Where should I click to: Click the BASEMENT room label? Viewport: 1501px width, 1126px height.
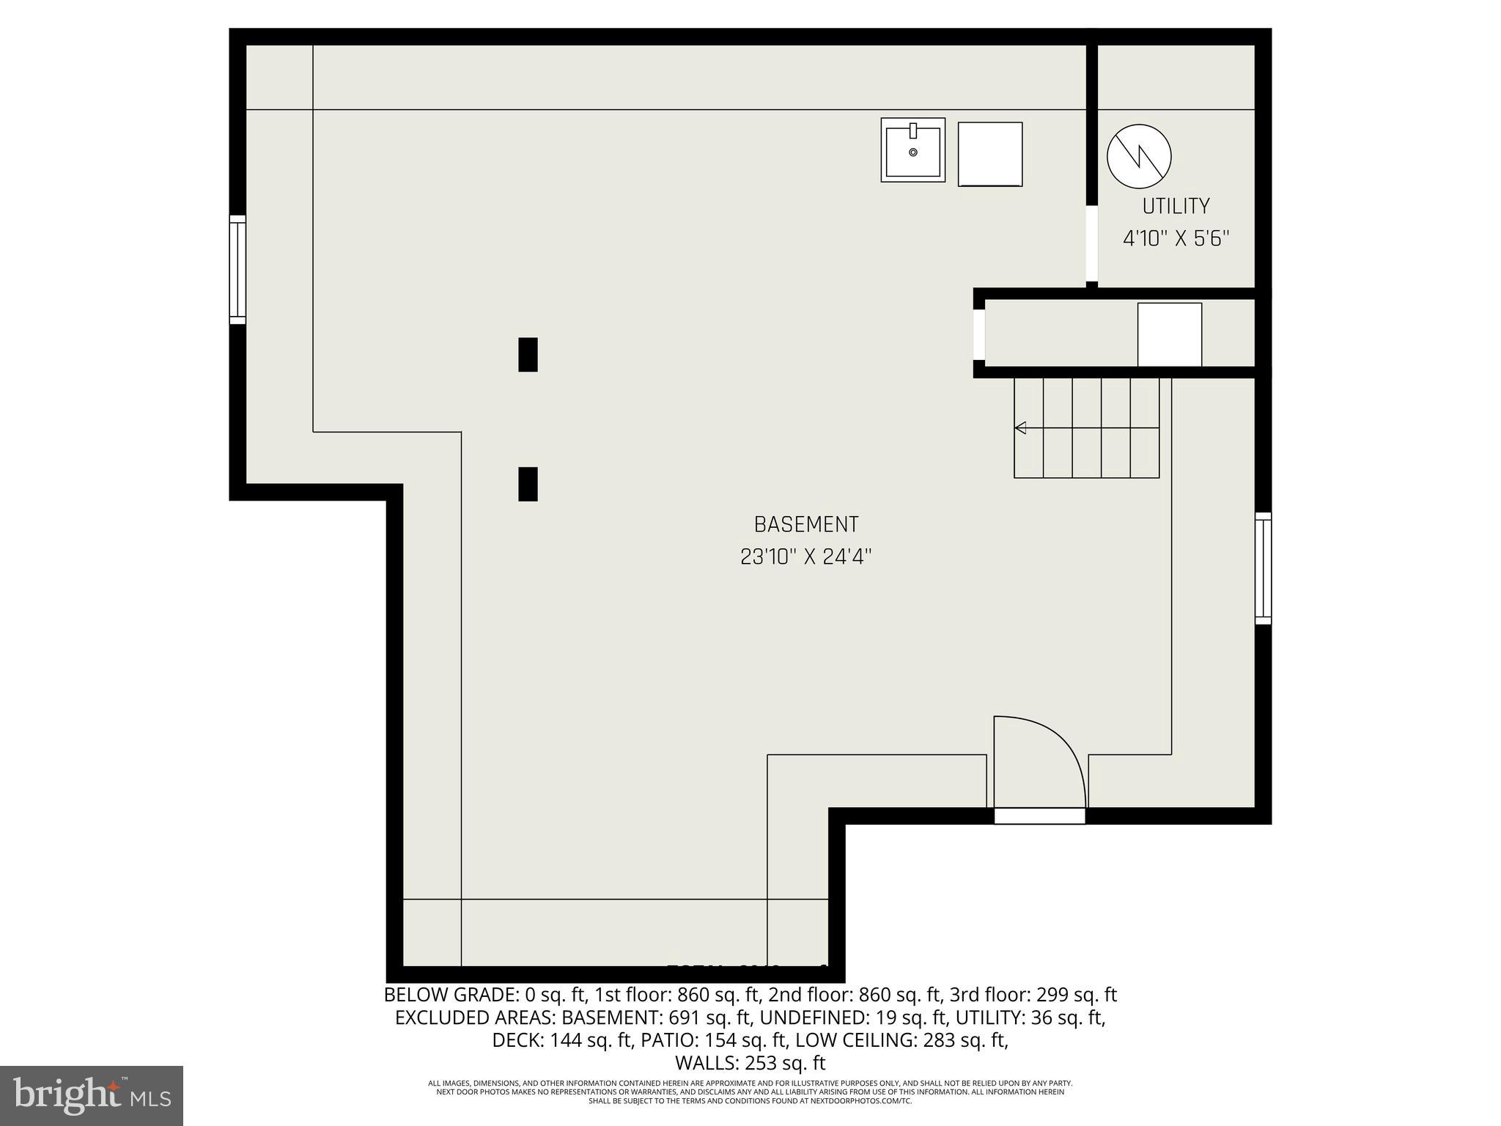tap(805, 525)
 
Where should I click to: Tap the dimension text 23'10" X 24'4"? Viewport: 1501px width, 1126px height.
tap(805, 557)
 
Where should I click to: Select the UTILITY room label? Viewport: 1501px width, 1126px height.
tap(1176, 207)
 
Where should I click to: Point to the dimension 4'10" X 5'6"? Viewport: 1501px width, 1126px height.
tap(1176, 239)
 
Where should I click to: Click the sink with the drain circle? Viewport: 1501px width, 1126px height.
tap(912, 150)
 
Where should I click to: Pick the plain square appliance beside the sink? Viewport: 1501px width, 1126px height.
tap(990, 154)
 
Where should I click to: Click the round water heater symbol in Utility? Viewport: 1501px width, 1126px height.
tap(1139, 155)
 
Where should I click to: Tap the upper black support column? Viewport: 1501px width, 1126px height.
tap(528, 355)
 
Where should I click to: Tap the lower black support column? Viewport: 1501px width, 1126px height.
tap(528, 484)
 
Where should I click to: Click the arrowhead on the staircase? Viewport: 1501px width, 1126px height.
tap(1019, 428)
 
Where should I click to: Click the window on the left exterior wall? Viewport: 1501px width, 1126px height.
tap(237, 269)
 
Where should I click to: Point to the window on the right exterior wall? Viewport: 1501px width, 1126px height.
tap(1263, 568)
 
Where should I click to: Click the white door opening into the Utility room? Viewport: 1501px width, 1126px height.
tap(1091, 244)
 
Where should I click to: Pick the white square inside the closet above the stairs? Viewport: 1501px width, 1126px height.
tap(1169, 334)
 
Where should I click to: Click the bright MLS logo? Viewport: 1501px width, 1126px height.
tap(92, 1095)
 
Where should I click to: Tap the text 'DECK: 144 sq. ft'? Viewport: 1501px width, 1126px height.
tap(561, 1040)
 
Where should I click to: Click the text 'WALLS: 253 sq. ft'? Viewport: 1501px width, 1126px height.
tap(750, 1063)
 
